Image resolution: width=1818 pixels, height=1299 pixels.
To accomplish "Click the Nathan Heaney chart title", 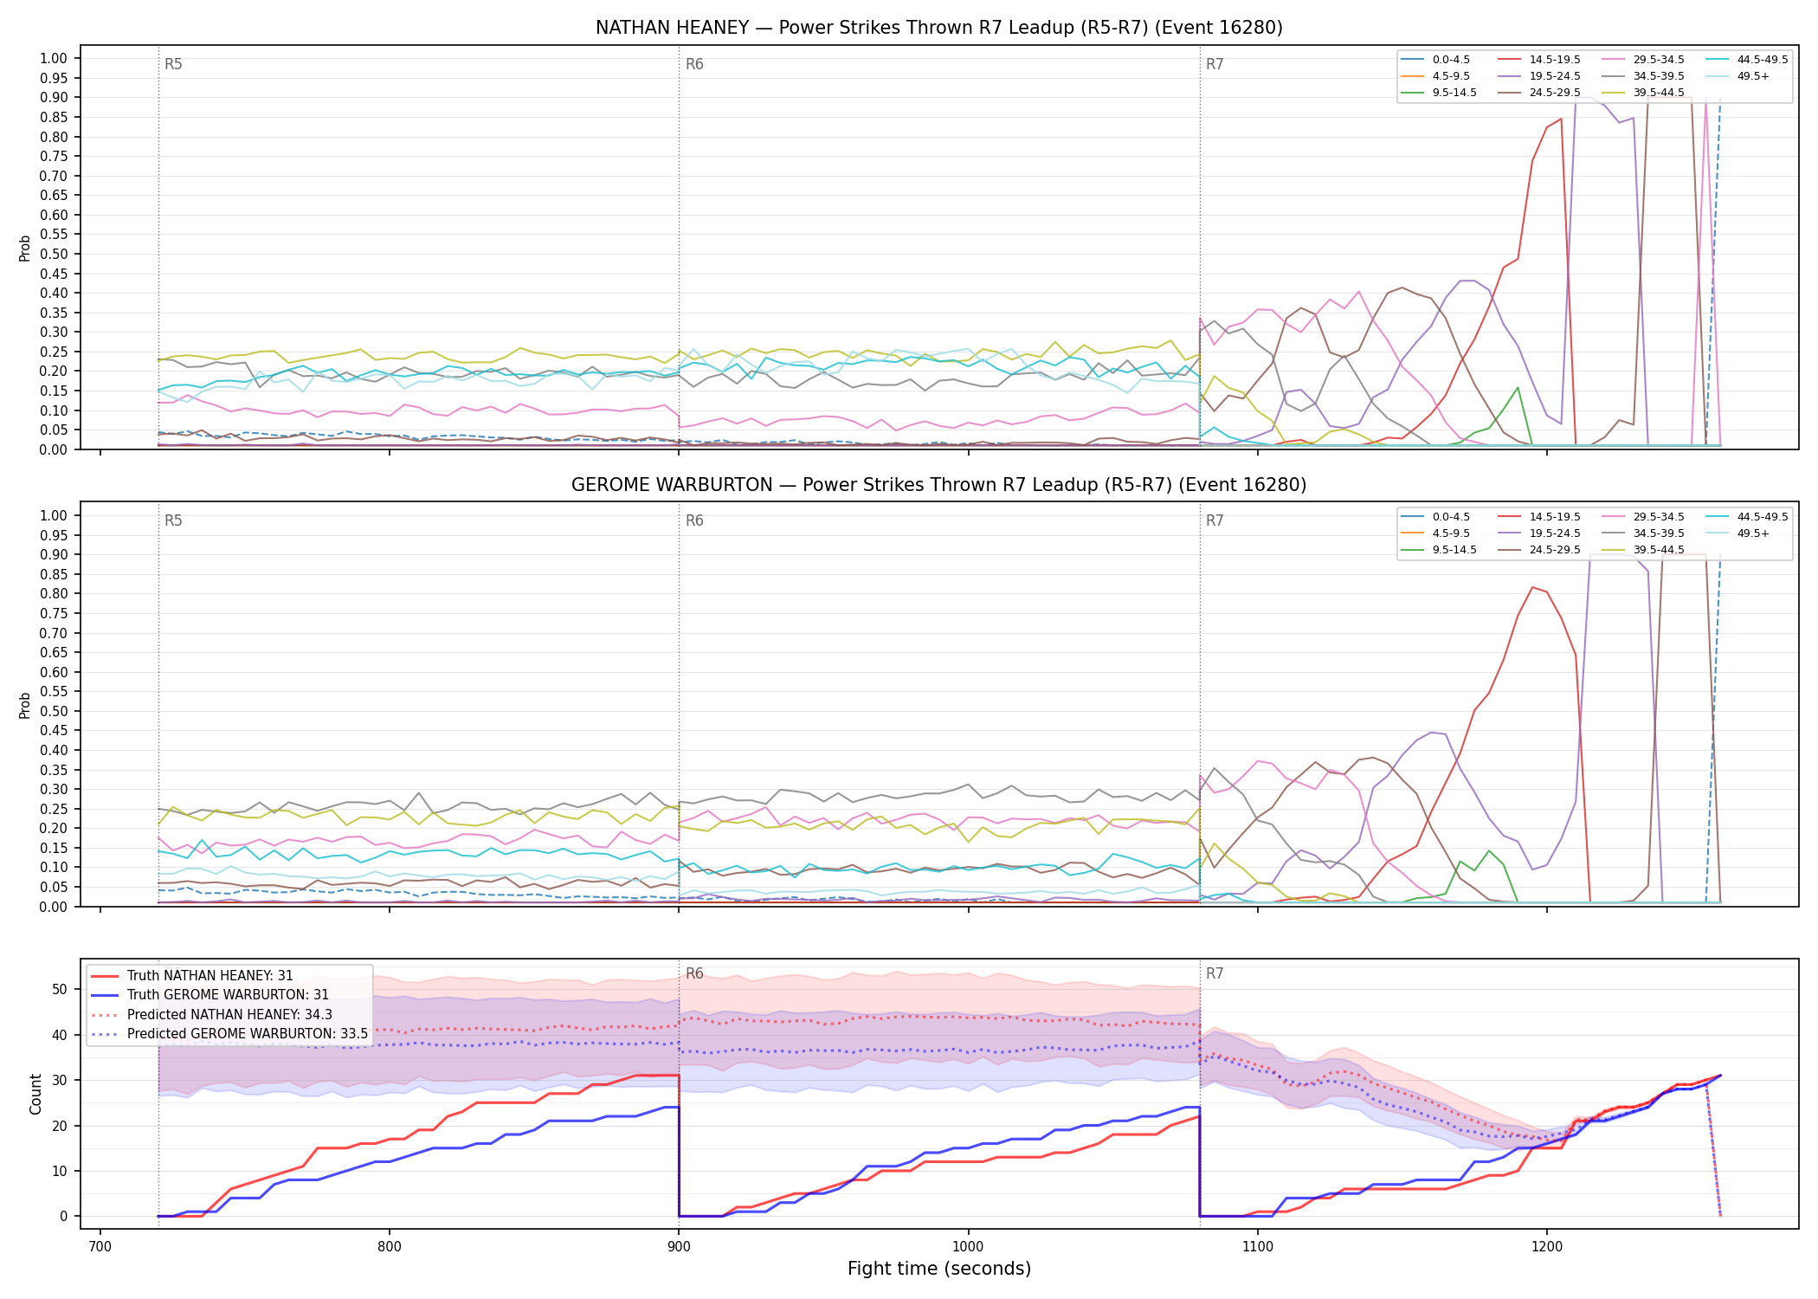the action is (939, 28).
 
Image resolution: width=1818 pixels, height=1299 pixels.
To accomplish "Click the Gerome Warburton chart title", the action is (939, 485).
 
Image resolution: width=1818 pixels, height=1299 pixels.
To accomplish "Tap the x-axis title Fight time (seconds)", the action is (939, 1269).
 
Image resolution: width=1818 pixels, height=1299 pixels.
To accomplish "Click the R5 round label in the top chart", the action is (173, 65).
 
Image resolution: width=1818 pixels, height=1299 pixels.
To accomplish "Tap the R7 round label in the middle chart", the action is (1215, 521).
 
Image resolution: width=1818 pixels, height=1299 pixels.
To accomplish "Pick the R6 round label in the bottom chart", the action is (694, 974).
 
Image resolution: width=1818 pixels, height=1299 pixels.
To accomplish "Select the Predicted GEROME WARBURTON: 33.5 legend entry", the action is (230, 1034).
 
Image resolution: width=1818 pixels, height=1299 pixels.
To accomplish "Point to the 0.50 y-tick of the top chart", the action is (54, 255).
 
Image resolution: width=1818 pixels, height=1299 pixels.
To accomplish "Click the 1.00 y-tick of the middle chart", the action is (54, 516).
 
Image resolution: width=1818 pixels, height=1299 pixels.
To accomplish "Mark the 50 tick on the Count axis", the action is (60, 990).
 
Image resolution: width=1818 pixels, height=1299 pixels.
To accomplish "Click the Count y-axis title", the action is (35, 1095).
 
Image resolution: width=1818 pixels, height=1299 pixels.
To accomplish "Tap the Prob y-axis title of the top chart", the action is (25, 248).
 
